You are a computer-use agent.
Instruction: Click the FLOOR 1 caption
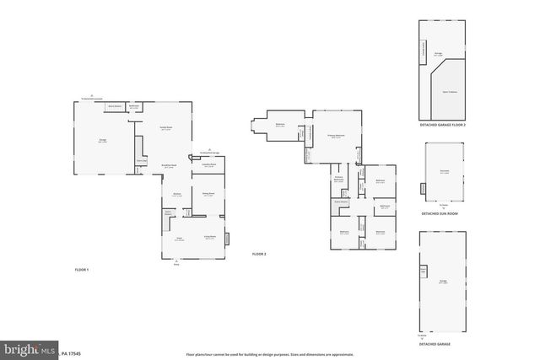(x=82, y=269)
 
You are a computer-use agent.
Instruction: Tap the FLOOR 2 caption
(x=258, y=254)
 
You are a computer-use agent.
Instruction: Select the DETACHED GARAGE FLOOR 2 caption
(x=442, y=124)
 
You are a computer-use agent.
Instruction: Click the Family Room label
(x=166, y=128)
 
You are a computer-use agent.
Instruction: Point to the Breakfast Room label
(x=169, y=166)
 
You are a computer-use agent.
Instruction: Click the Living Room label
(x=209, y=238)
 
